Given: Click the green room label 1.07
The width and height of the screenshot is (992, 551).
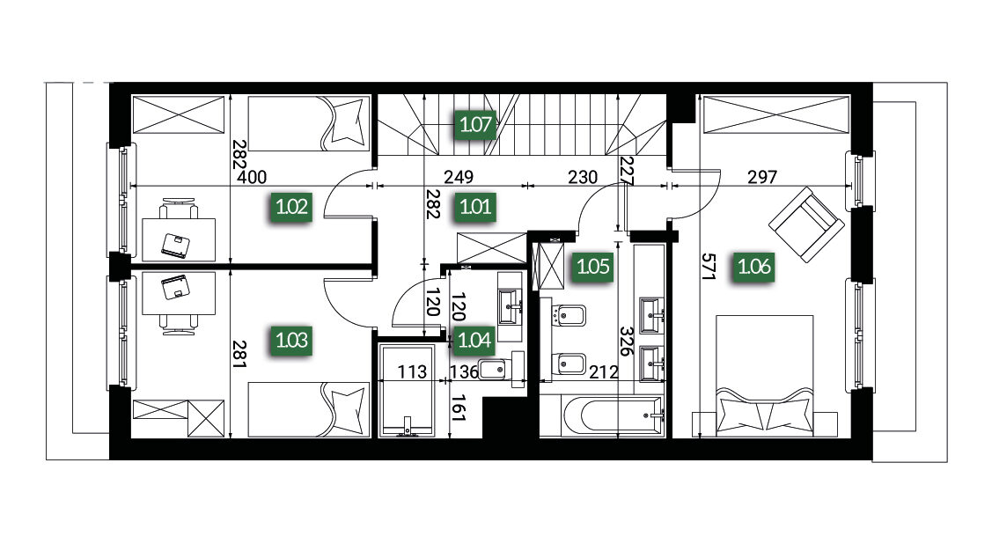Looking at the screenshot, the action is (475, 124).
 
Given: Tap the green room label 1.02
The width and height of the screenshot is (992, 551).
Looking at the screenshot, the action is (291, 207).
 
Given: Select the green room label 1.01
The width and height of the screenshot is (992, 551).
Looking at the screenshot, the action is (475, 207).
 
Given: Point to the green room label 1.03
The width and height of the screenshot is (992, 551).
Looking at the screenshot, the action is (291, 341).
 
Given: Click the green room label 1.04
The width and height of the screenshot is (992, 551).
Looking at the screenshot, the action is (474, 341).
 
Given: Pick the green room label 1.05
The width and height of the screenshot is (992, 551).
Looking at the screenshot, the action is (592, 267).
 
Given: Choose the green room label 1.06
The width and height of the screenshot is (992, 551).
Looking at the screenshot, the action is (754, 267).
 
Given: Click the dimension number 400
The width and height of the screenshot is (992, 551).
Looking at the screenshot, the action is (252, 177).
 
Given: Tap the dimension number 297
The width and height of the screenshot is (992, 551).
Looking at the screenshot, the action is (761, 177).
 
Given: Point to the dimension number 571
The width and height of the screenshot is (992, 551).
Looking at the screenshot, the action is (708, 267).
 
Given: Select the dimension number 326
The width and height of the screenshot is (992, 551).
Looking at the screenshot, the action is (627, 341).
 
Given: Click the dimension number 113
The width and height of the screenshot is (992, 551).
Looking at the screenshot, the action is (412, 371).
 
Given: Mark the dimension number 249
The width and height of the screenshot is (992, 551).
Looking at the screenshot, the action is (458, 177).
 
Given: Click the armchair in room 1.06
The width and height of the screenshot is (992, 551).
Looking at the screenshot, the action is (806, 224).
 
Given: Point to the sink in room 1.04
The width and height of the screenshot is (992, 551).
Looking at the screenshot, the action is (510, 307).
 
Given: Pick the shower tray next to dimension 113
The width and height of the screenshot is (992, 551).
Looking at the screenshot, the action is (406, 390).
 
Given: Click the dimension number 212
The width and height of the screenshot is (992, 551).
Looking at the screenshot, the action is (604, 372).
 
